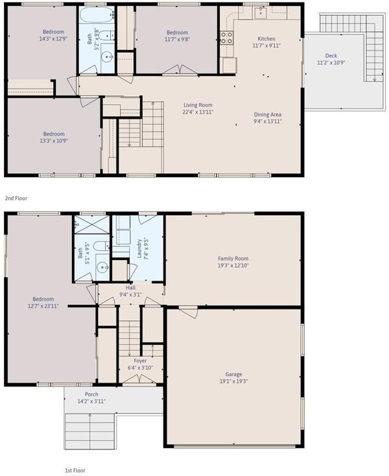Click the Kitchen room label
266,38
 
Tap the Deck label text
331,56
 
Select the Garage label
233,374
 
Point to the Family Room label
233,258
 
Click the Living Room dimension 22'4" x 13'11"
198,112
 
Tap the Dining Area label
268,114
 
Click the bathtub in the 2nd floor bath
96,14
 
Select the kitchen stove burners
226,38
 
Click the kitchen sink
261,13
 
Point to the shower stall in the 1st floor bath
92,224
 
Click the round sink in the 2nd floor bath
107,56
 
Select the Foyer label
140,361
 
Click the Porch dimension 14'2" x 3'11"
91,401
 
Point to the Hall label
130,287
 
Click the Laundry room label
139,248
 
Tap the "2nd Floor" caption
16,198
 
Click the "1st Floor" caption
75,470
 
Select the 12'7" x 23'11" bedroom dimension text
43,306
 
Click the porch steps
90,431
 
